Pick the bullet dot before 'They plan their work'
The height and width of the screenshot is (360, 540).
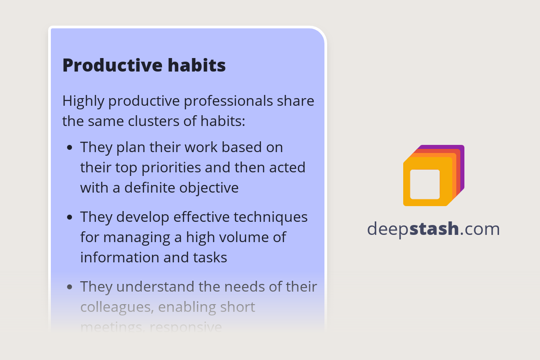[x=69, y=148]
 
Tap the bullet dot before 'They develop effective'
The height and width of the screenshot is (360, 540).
[x=69, y=217]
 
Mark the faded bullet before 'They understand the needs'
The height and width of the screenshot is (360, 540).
[x=69, y=287]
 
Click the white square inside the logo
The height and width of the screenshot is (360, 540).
[x=425, y=184]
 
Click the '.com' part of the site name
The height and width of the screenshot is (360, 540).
[x=480, y=229]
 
